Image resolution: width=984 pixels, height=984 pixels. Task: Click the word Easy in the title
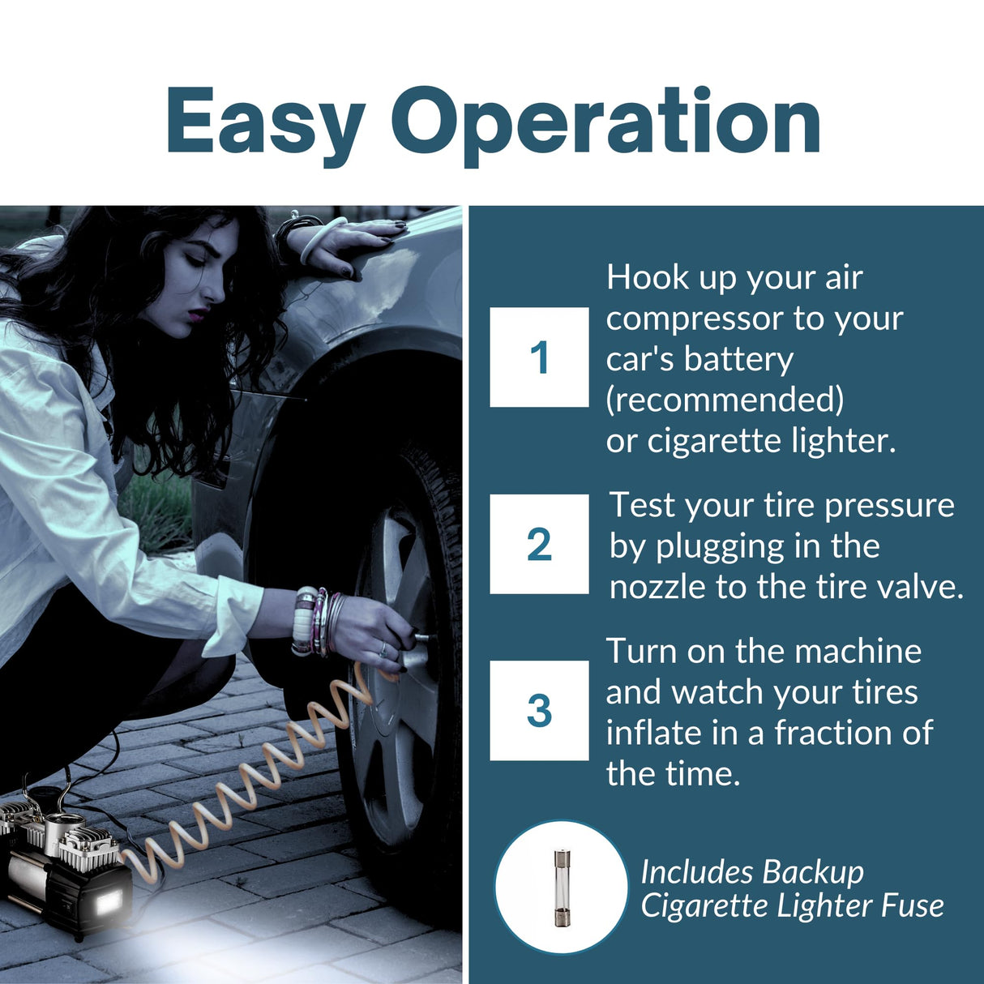coord(265,123)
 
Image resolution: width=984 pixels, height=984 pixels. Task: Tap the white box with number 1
coord(539,357)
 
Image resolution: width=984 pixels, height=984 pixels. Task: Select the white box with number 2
coord(539,544)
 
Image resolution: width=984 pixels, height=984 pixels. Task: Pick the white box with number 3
coord(539,711)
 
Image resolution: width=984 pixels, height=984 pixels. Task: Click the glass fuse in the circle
coord(561,888)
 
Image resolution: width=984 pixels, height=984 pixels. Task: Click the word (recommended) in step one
coord(725,400)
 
